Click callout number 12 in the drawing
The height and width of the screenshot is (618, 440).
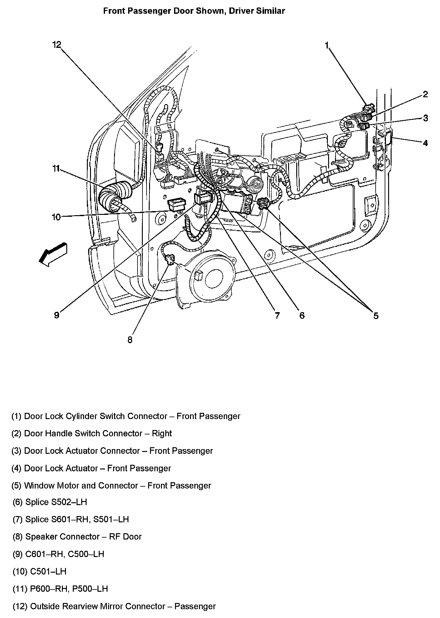[57, 45]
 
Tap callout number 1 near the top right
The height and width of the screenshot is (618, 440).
[327, 46]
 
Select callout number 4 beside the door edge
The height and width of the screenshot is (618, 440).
[425, 143]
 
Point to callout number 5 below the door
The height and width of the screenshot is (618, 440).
[376, 316]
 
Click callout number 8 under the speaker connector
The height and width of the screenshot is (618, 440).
[130, 340]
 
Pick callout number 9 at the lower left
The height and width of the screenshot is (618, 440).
[57, 315]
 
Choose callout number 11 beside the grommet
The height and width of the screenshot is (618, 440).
[56, 169]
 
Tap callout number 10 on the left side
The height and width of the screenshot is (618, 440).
[56, 217]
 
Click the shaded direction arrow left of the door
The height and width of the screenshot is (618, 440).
[52, 253]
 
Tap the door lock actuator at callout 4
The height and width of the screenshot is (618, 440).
[388, 138]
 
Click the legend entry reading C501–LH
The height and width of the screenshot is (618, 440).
[48, 572]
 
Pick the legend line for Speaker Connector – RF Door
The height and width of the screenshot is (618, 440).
[83, 537]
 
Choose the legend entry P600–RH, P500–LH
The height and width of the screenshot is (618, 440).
[69, 589]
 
